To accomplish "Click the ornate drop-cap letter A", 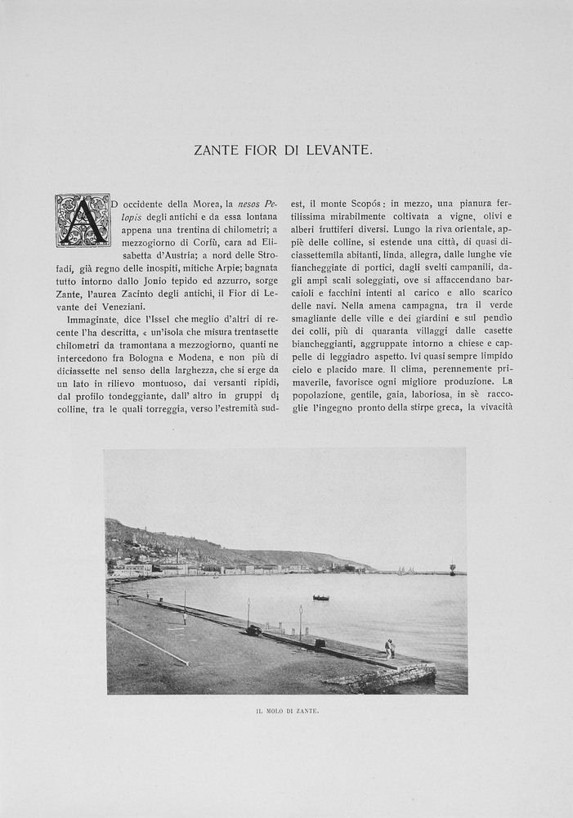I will (x=83, y=220).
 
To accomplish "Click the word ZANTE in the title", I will (x=216, y=150).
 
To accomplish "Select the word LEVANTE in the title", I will (x=342, y=150).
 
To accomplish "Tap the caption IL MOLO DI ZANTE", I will (x=286, y=711).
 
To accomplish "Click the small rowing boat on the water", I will (x=320, y=597).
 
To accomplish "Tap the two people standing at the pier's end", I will (x=390, y=649).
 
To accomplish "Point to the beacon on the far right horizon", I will (x=452, y=567).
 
